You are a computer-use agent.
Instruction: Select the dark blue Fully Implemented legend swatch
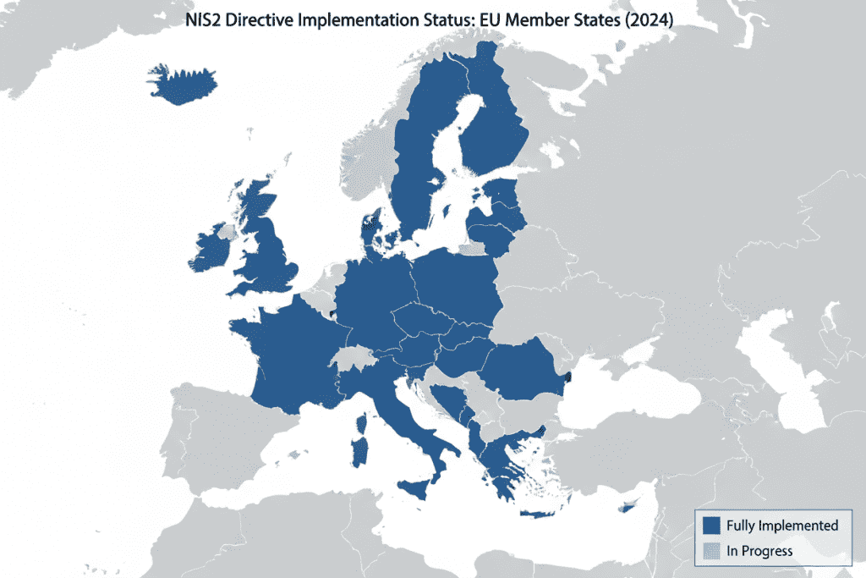710,526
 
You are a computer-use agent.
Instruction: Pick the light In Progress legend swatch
710,551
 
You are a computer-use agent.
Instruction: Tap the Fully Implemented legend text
782,526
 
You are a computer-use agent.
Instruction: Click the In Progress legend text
759,551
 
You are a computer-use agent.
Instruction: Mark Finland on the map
499,127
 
